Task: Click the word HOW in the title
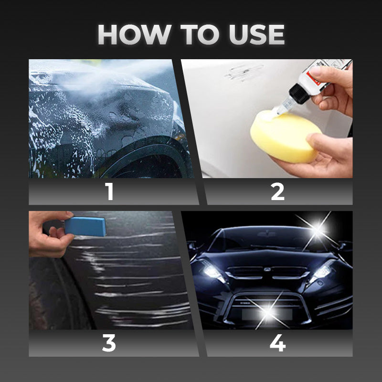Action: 134,34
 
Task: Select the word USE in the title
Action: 257,34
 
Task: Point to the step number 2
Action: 277,192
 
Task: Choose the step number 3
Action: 109,343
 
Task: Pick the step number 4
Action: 278,343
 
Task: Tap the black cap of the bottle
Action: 299,93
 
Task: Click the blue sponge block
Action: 85,226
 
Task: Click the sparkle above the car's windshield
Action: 317,230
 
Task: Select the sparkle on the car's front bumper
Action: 268,312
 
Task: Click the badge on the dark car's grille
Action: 267,269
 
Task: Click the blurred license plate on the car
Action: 267,314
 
